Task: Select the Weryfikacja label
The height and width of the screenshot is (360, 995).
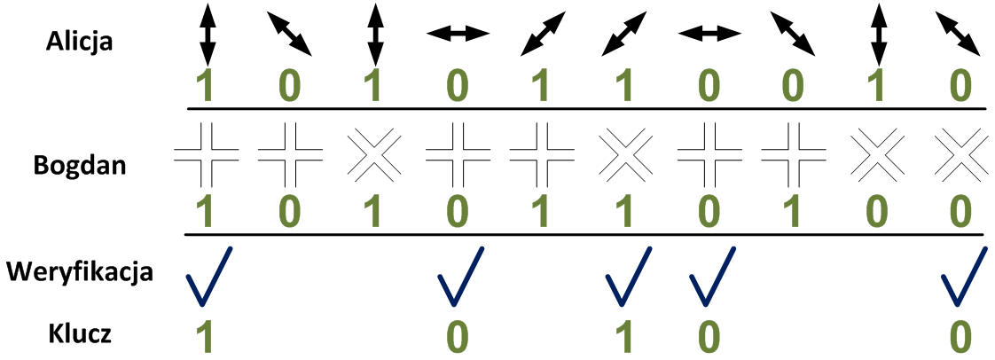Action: tap(80, 270)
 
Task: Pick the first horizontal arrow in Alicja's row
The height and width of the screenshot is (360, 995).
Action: tap(458, 34)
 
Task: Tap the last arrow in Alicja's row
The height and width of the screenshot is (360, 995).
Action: tap(958, 34)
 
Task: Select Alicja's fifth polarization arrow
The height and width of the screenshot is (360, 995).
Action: tap(542, 34)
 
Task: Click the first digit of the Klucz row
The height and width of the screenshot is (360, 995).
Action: tap(207, 336)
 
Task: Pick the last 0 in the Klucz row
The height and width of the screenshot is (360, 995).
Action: tap(958, 336)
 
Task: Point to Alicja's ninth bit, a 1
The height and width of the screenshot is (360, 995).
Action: tap(875, 86)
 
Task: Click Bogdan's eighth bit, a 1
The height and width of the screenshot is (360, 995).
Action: tap(792, 213)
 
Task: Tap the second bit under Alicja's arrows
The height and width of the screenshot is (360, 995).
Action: tap(290, 86)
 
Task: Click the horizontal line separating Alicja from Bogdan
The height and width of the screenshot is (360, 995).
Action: tap(585, 109)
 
